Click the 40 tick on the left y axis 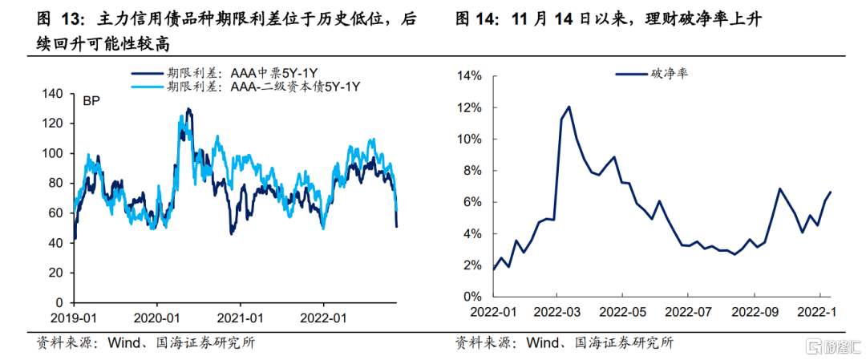coord(56,243)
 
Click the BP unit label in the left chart coord(91,101)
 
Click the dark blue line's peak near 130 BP coord(188,109)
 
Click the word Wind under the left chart coord(119,342)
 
